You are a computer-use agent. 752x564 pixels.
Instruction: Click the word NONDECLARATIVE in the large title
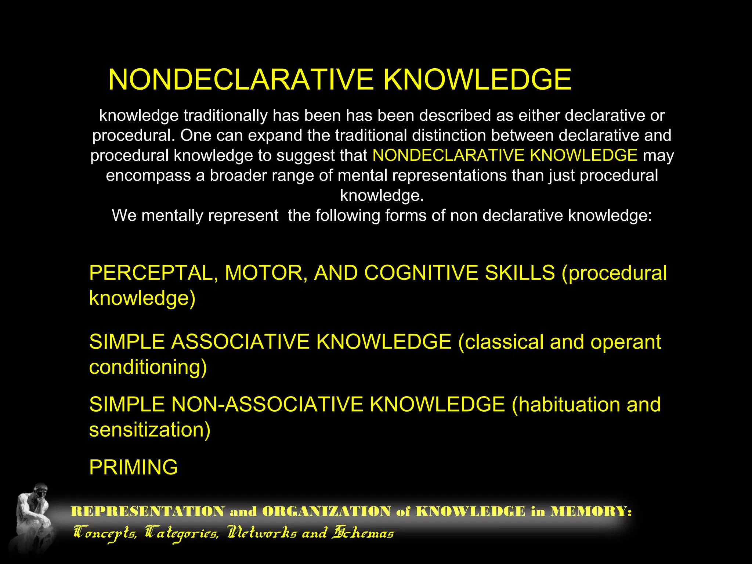(x=241, y=80)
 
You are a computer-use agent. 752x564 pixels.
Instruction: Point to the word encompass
(x=148, y=176)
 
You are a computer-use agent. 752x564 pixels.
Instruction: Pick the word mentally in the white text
(x=173, y=216)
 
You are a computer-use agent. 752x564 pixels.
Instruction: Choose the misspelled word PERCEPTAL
(x=152, y=273)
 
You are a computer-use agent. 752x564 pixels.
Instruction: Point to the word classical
(x=501, y=342)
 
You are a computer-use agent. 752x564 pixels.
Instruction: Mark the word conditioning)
(x=148, y=367)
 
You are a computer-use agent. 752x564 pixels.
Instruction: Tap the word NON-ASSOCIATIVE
(x=267, y=405)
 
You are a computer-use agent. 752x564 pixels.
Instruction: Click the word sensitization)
(x=150, y=430)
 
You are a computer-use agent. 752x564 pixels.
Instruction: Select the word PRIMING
(x=133, y=467)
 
